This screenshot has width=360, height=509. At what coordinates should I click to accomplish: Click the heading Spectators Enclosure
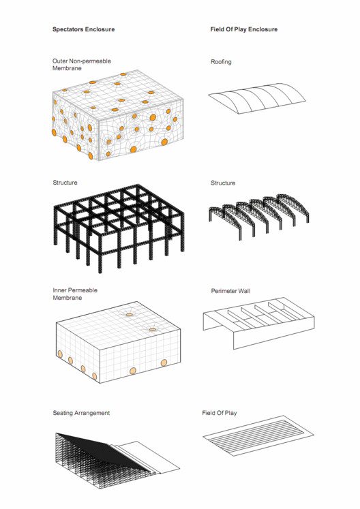point(83,30)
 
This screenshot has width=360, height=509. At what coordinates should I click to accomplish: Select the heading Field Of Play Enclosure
point(244,30)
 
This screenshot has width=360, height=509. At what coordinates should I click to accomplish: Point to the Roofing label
point(221,62)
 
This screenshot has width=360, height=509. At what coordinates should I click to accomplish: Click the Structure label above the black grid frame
point(65,183)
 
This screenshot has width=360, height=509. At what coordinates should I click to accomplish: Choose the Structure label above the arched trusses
point(223,183)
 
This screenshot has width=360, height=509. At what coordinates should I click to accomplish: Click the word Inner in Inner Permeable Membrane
point(59,290)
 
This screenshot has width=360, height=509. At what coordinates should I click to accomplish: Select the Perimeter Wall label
point(230,291)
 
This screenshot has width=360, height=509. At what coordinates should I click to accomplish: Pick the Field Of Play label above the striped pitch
point(220,413)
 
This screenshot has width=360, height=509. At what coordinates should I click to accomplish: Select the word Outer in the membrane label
point(60,61)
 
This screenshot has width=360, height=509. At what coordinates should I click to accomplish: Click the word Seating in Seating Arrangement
point(63,413)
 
